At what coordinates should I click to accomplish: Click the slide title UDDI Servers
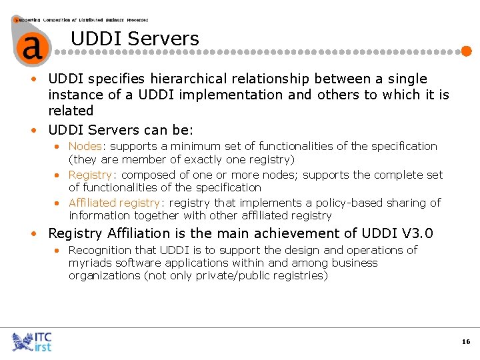coord(135,39)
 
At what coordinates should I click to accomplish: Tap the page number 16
coord(465,341)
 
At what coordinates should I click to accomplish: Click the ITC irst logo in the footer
coord(32,341)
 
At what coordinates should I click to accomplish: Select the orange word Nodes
coord(85,146)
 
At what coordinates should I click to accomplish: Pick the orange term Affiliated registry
coord(114,202)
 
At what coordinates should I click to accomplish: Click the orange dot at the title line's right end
coord(467,51)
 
